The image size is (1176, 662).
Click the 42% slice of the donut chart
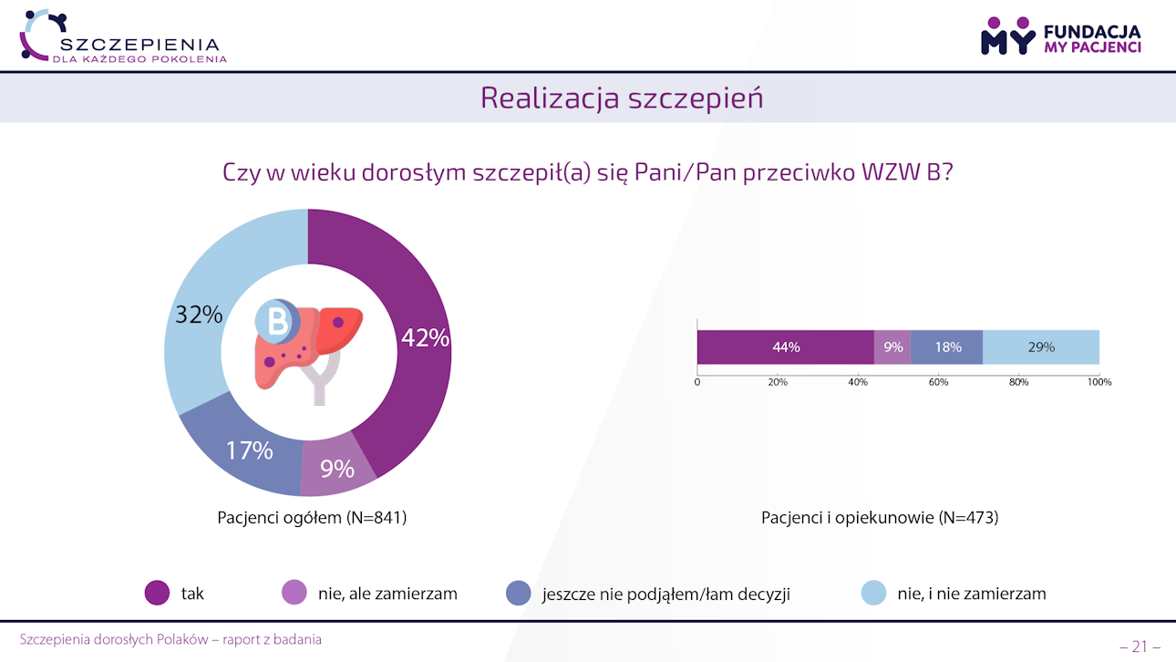point(415,365)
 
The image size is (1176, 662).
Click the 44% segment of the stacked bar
point(785,347)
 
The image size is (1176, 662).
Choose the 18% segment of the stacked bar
point(946,347)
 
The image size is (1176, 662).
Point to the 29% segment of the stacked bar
point(1040,347)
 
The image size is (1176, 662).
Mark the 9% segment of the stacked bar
point(892,347)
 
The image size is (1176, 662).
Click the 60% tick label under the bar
point(938,382)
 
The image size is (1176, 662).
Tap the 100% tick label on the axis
point(1099,382)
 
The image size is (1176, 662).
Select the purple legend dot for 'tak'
point(158,594)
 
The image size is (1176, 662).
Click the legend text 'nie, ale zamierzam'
point(387,594)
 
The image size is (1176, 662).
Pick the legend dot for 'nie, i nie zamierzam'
point(874,594)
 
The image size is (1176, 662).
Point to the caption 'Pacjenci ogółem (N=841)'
point(312,518)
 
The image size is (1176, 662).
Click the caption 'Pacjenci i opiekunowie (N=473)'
point(880,518)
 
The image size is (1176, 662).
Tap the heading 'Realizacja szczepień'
point(622,98)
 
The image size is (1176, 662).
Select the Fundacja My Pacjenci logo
point(1060,36)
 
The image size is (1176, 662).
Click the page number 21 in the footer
point(1140,646)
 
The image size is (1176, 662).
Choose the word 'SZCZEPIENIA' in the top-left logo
point(139,44)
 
